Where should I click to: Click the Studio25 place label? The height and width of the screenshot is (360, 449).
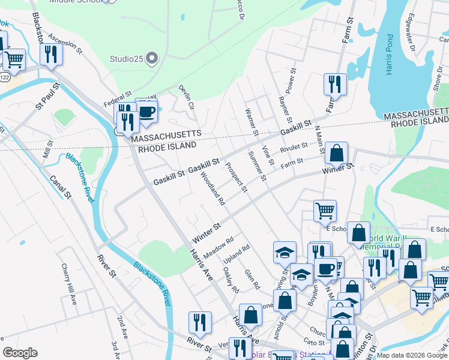click(x=127, y=59)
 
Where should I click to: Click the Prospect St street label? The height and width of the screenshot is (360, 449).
click(x=236, y=175)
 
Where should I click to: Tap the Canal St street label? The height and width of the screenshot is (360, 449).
click(x=61, y=187)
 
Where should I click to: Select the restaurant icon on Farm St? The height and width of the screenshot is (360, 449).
click(x=334, y=85)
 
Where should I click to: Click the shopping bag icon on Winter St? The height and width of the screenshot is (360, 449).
click(x=337, y=153)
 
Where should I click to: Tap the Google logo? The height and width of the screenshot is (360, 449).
click(x=20, y=353)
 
